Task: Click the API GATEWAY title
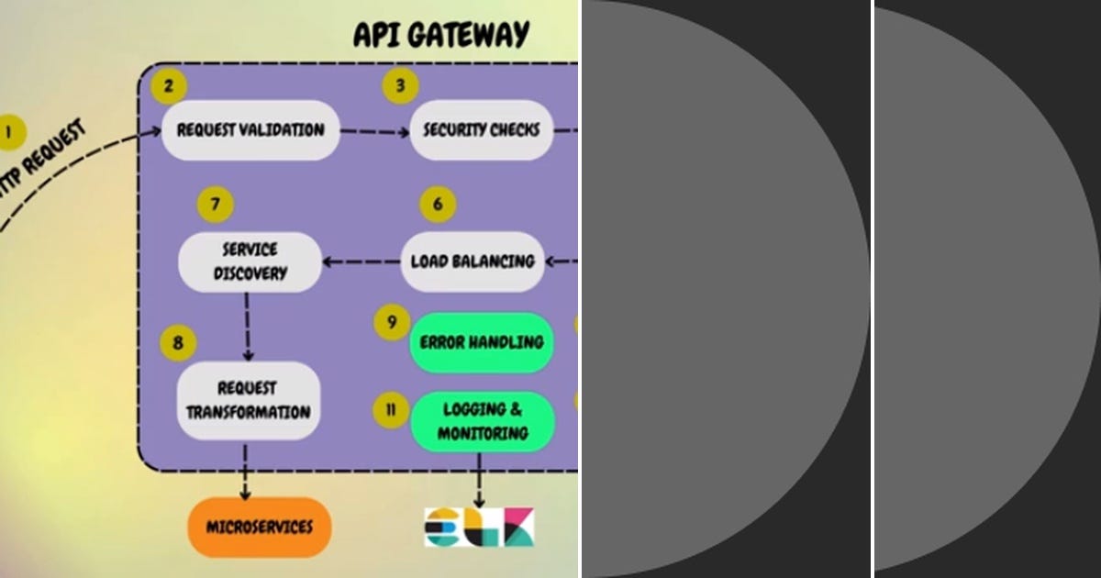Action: point(441,34)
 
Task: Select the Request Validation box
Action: point(250,130)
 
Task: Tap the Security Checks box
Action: point(481,130)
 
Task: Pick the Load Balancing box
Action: point(473,261)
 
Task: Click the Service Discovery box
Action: point(250,261)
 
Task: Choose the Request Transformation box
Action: point(249,400)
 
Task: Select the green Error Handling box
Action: point(481,342)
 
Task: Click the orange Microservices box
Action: point(259,528)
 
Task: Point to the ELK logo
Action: point(479,528)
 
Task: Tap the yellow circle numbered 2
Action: point(168,87)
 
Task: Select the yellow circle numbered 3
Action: point(400,87)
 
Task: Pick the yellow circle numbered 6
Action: point(438,204)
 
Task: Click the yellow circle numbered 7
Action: point(216,204)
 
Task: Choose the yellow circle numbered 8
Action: point(178,343)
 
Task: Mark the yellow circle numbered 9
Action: point(392,322)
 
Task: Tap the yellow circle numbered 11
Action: point(392,409)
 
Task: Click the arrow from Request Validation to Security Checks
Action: point(374,131)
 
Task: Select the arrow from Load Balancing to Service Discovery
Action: point(361,261)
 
